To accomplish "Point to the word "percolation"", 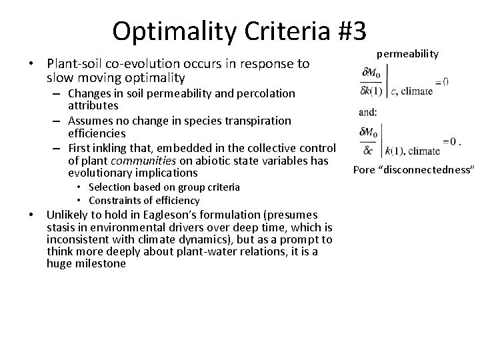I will [274, 93].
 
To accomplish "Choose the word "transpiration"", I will [259, 121].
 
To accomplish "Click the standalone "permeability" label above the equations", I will [408, 53].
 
